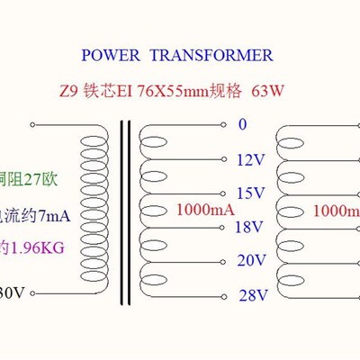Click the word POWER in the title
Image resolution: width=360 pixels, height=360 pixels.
click(111, 56)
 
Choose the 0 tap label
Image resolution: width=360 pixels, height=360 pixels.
click(241, 124)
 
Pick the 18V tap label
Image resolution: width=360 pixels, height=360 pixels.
click(248, 228)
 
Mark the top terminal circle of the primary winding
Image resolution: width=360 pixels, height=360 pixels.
click(33, 123)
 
